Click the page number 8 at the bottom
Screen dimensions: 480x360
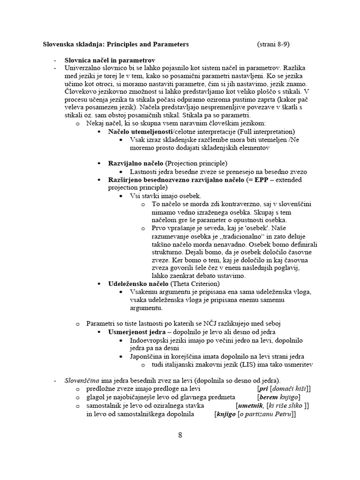pyautogui.click(x=180, y=435)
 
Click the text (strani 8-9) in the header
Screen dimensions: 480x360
pyautogui.click(x=273, y=45)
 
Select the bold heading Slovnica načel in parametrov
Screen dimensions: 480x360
pyautogui.click(x=110, y=60)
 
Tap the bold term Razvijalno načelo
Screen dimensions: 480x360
pyautogui.click(x=136, y=163)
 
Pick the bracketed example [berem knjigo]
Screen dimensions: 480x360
pyautogui.click(x=279, y=397)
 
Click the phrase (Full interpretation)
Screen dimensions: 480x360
pyautogui.click(x=244, y=132)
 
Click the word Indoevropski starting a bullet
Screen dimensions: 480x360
pyautogui.click(x=150, y=340)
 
